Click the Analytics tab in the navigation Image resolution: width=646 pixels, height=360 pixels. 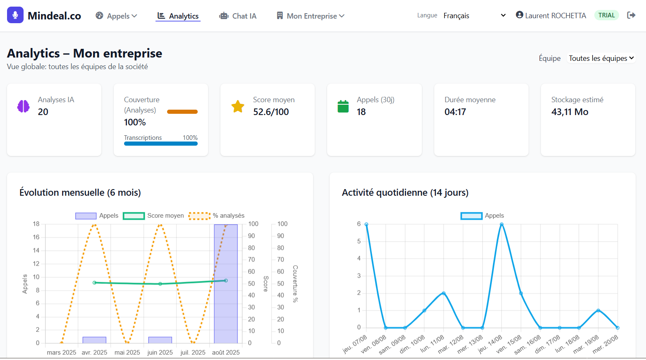point(178,16)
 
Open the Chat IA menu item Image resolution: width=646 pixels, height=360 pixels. point(238,16)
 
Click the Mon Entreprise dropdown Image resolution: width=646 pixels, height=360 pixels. point(311,16)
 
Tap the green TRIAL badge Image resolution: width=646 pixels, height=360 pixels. point(606,15)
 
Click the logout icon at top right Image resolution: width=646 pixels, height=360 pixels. point(631,15)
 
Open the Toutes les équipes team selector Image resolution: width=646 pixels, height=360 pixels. point(601,58)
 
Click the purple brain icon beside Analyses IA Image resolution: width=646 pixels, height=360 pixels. point(24,106)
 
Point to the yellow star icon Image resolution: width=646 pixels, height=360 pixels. point(238,106)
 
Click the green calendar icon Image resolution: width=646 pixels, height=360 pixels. point(343,106)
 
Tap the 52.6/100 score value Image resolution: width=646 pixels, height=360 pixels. point(271,112)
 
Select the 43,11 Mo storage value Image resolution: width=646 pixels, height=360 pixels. point(569,112)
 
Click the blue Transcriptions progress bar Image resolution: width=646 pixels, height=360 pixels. point(160,144)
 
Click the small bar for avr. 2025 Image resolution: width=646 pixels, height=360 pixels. point(94,340)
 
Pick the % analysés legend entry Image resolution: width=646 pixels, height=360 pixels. point(217,216)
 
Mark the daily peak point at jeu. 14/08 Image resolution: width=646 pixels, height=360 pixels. point(502,224)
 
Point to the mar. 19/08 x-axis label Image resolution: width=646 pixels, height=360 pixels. point(586,344)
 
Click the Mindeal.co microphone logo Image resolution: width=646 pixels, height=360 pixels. point(15,15)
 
